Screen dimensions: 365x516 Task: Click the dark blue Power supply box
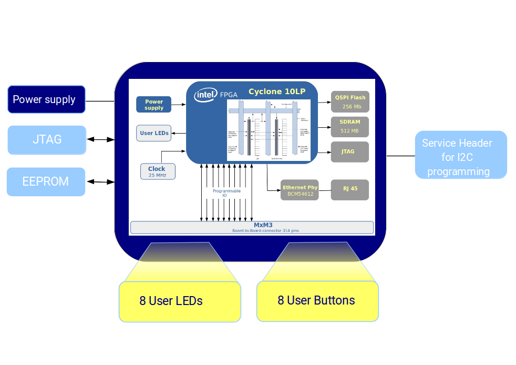click(x=46, y=99)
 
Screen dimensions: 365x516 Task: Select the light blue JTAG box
click(x=47, y=140)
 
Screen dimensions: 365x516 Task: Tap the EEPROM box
click(x=46, y=182)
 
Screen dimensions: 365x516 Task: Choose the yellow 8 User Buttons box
click(x=317, y=301)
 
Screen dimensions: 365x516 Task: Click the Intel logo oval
click(x=206, y=95)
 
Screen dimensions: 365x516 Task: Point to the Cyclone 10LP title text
click(x=277, y=92)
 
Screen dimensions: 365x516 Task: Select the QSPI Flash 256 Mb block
click(x=350, y=102)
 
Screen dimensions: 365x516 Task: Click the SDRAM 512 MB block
click(x=350, y=126)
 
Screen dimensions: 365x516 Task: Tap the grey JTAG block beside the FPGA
click(x=350, y=151)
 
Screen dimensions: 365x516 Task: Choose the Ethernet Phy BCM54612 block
click(x=300, y=190)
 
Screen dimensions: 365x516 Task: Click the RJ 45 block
click(x=350, y=189)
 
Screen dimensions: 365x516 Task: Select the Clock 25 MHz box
click(x=157, y=171)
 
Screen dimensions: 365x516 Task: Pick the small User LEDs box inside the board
click(x=154, y=133)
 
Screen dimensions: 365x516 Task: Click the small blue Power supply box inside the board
click(x=154, y=105)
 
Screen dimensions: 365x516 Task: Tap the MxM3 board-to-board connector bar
click(x=252, y=227)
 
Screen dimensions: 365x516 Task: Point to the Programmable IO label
click(x=227, y=193)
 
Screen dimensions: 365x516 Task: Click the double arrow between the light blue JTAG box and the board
click(x=100, y=139)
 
